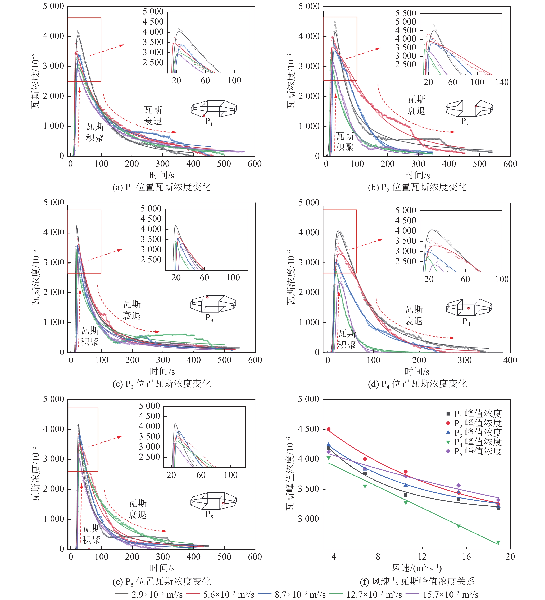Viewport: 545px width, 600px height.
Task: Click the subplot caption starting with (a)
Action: point(161,187)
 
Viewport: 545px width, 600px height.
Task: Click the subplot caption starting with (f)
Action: point(417,581)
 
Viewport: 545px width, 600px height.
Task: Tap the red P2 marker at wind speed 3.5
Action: point(329,429)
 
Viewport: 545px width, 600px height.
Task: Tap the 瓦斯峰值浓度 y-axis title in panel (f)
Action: point(290,473)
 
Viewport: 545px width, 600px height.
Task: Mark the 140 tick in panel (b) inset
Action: point(502,82)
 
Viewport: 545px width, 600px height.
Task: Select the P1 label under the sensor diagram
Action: point(208,121)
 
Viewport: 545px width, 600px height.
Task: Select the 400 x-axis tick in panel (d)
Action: point(510,360)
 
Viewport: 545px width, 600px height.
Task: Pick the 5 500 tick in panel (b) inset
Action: point(405,13)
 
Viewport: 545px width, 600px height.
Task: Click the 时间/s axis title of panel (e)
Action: point(162,568)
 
